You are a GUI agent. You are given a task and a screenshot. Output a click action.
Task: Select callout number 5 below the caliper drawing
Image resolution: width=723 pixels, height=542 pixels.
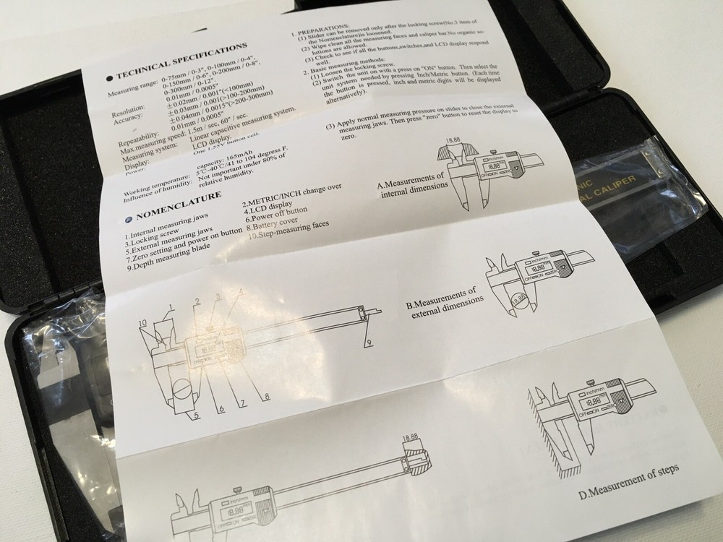tap(195, 414)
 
